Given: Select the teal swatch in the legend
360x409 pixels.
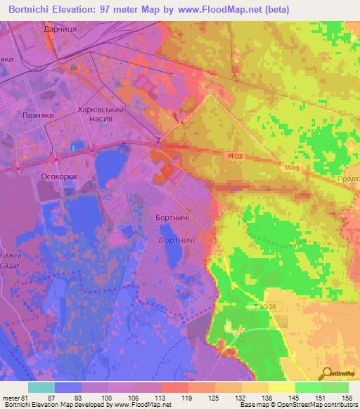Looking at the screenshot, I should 41,387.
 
